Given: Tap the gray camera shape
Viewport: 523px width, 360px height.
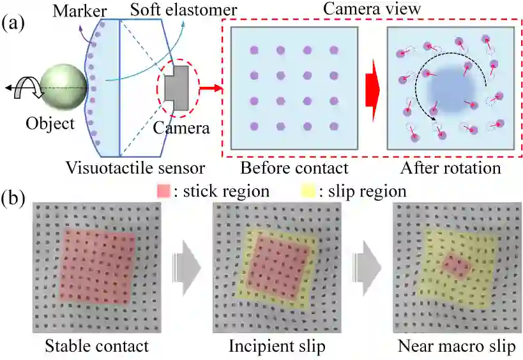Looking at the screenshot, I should tap(175, 89).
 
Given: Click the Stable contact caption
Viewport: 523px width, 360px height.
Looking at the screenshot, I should tap(97, 347).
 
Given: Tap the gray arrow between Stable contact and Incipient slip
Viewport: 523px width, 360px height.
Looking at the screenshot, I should tap(185, 268).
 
